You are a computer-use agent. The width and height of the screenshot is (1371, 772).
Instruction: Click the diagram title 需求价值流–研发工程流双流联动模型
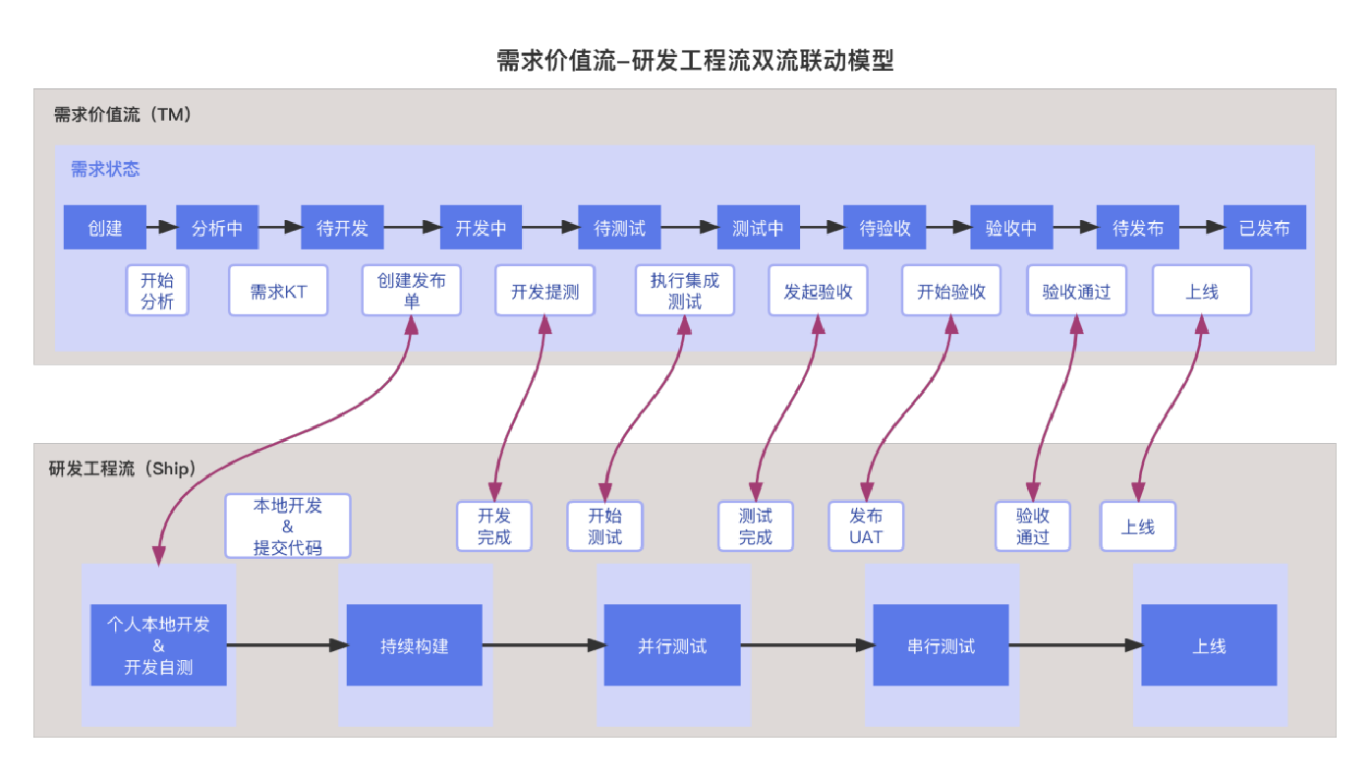(695, 61)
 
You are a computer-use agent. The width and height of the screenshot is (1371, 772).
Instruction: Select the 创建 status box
(105, 228)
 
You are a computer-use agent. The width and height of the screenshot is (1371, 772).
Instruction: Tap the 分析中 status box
(217, 228)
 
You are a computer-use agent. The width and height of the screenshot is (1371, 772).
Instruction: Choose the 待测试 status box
(619, 228)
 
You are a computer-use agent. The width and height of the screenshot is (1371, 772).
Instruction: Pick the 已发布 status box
(1264, 228)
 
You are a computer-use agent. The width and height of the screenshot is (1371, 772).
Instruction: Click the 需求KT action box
(278, 291)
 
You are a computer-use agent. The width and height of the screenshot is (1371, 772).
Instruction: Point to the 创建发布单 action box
(411, 291)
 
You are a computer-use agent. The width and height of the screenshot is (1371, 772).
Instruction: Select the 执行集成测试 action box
(684, 291)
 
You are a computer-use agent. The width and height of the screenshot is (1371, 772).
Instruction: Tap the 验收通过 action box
(1076, 291)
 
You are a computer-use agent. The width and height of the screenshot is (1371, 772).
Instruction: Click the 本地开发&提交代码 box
(287, 526)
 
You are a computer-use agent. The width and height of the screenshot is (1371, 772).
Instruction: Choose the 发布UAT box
(866, 526)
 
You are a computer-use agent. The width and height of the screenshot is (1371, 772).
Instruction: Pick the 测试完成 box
(755, 526)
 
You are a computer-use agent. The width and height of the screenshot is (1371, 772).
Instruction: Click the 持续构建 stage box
(414, 646)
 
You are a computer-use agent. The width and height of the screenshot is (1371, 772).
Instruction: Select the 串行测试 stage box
(941, 646)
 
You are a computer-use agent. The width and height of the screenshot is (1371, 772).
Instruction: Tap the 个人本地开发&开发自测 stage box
(158, 646)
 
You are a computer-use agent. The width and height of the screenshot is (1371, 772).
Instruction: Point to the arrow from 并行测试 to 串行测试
(806, 645)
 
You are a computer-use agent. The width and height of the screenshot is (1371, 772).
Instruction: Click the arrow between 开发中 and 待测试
(549, 227)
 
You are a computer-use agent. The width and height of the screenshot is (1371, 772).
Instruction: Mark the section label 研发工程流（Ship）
(123, 469)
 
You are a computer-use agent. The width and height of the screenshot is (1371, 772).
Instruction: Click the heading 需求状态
(105, 170)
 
